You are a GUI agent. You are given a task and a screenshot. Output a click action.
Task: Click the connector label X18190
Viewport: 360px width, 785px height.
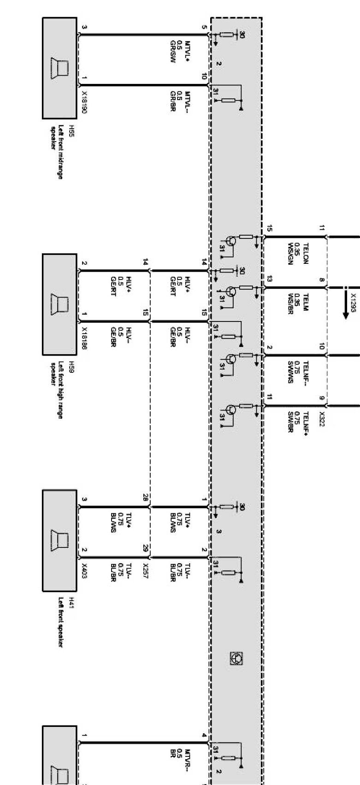tap(84, 102)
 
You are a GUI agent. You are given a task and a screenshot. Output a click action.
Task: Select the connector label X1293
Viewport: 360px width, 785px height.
tap(353, 303)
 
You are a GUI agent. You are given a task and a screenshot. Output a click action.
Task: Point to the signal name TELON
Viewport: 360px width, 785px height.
tap(305, 253)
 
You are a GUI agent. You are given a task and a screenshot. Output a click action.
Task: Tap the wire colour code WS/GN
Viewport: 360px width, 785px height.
tap(290, 253)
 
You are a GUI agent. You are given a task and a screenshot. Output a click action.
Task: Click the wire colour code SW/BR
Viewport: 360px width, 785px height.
tap(290, 422)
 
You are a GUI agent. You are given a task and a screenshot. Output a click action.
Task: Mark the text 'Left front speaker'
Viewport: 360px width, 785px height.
tap(60, 622)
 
